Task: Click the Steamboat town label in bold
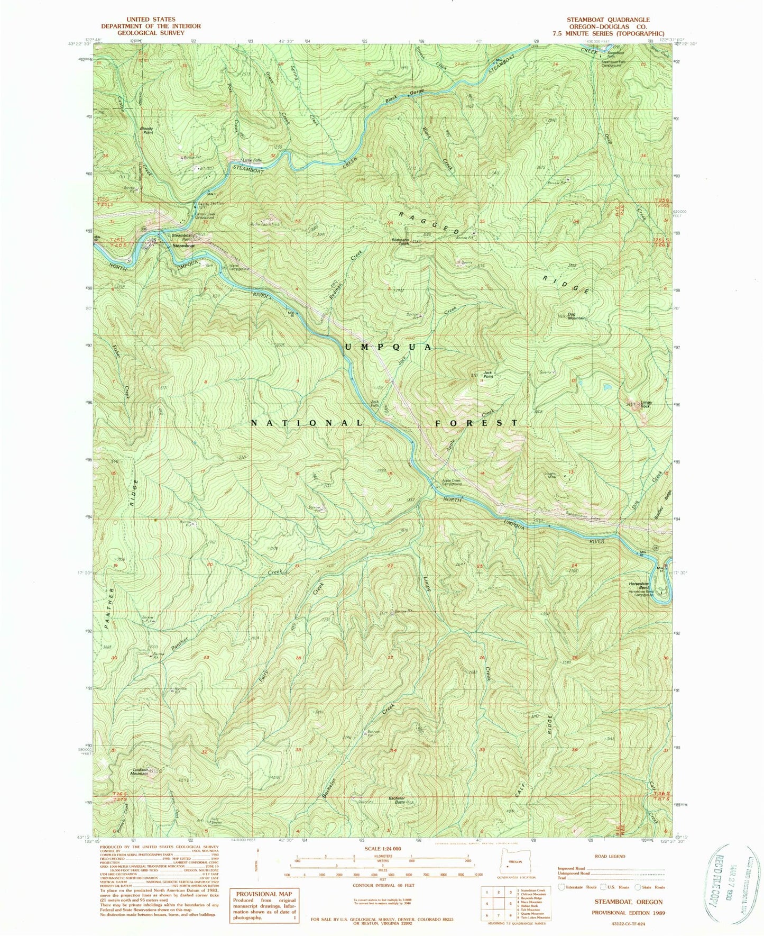tap(183, 246)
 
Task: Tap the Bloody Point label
tap(146, 130)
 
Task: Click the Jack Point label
tap(487, 375)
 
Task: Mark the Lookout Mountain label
tap(139, 771)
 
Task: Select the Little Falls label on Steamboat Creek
tap(252, 161)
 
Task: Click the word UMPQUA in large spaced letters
tap(389, 347)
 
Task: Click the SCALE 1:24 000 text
tap(383, 864)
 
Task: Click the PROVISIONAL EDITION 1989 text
tap(628, 913)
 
